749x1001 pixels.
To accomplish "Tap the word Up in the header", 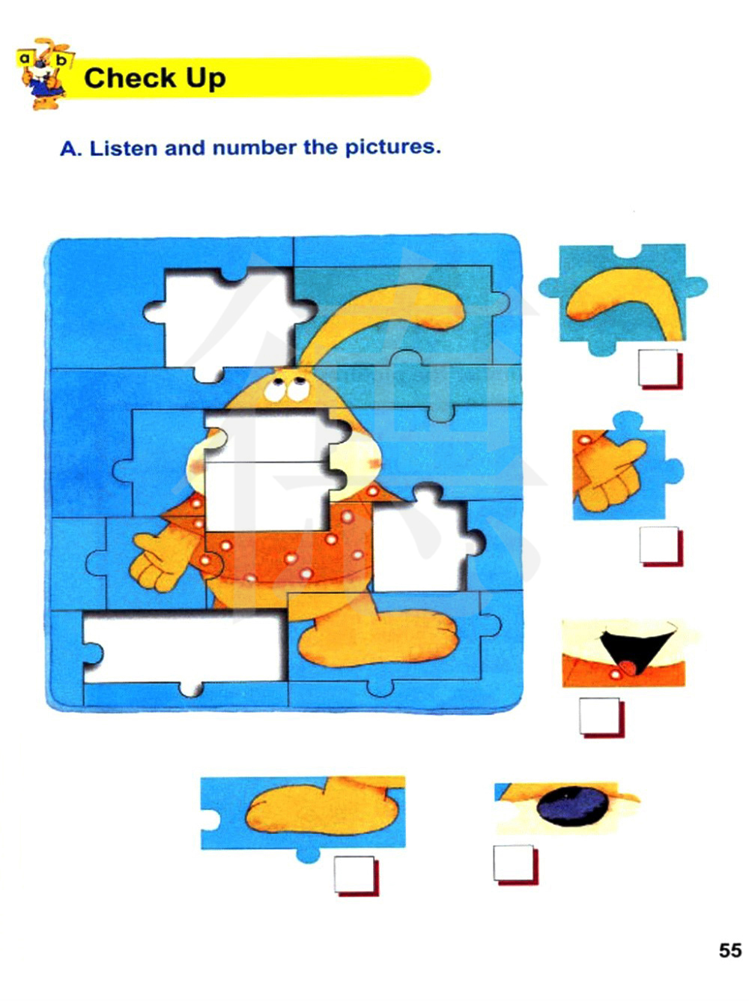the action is click(x=205, y=79).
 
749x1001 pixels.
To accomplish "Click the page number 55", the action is click(x=730, y=950).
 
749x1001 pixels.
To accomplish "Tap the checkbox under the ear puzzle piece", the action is click(x=660, y=370).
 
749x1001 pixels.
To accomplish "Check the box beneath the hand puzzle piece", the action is click(x=661, y=547).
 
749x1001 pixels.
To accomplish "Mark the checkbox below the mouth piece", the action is click(x=601, y=717).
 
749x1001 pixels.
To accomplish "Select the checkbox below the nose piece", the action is click(x=515, y=865).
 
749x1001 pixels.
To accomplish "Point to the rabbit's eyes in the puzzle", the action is click(x=286, y=390).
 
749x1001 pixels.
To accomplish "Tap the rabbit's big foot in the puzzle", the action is click(x=377, y=636).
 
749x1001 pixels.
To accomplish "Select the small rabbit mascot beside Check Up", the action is click(x=44, y=73).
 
